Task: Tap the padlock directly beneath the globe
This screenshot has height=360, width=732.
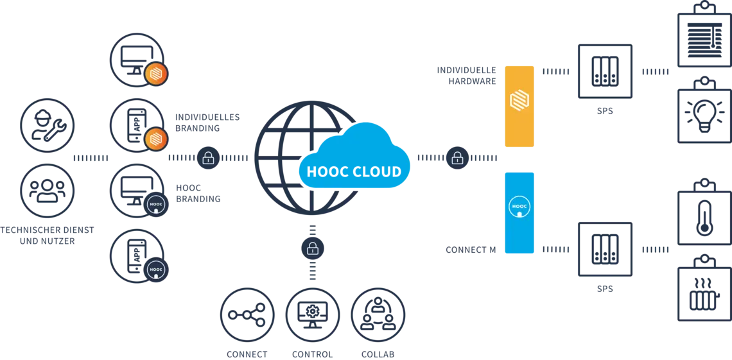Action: [x=313, y=248]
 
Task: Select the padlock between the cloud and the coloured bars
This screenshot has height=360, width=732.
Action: [x=457, y=157]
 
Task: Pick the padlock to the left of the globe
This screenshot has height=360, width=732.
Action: [x=208, y=157]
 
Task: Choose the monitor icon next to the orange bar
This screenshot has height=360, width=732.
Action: [x=606, y=72]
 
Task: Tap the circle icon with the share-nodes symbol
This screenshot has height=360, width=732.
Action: [x=247, y=314]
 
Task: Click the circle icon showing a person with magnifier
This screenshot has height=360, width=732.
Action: [x=378, y=314]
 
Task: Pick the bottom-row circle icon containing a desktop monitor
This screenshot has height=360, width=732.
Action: [x=311, y=314]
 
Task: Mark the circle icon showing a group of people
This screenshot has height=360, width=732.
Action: [x=48, y=190]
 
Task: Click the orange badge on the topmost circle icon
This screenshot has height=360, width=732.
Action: [x=155, y=74]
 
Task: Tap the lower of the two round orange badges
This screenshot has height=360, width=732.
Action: [x=155, y=139]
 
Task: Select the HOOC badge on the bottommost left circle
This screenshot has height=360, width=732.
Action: [x=156, y=270]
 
